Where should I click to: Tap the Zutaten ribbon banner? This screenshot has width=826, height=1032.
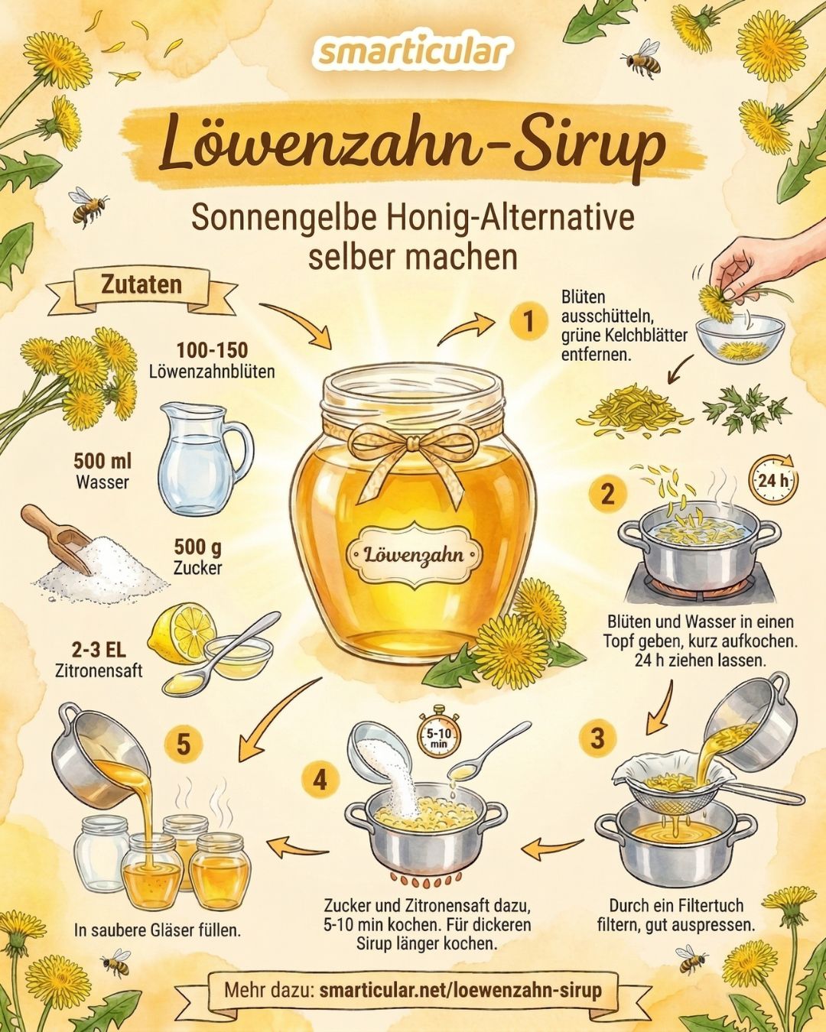pos(142,286)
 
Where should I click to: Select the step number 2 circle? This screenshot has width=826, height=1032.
pos(607,494)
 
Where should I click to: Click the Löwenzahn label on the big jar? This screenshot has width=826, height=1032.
pos(414,554)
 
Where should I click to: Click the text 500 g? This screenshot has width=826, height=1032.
pos(198,547)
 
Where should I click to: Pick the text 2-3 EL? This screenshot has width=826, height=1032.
pos(99,650)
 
